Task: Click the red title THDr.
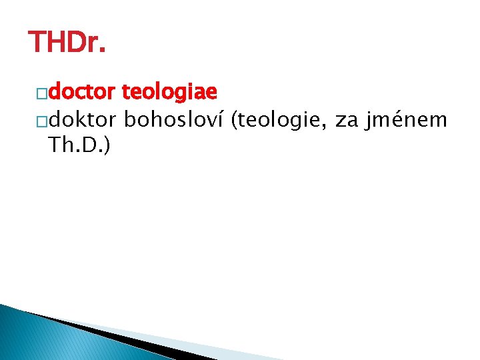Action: coord(67,43)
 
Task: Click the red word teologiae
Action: coord(171,91)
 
